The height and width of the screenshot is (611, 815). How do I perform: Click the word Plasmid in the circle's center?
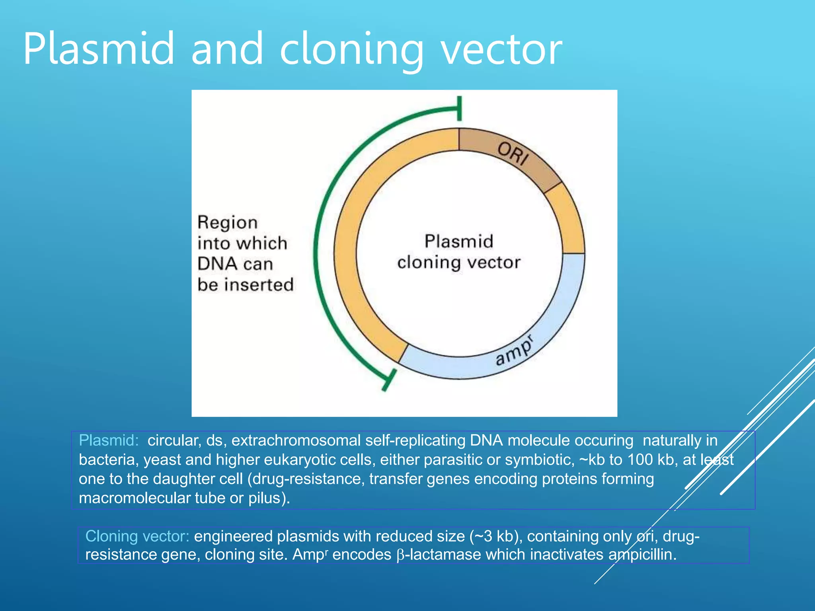[x=459, y=241]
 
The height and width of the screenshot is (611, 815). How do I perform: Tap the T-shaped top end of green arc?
[x=459, y=108]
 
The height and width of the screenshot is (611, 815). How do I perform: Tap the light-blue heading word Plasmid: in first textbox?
[x=109, y=440]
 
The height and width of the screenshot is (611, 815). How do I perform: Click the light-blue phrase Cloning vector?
[x=137, y=536]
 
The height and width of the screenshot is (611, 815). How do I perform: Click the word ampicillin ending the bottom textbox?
[x=641, y=555]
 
